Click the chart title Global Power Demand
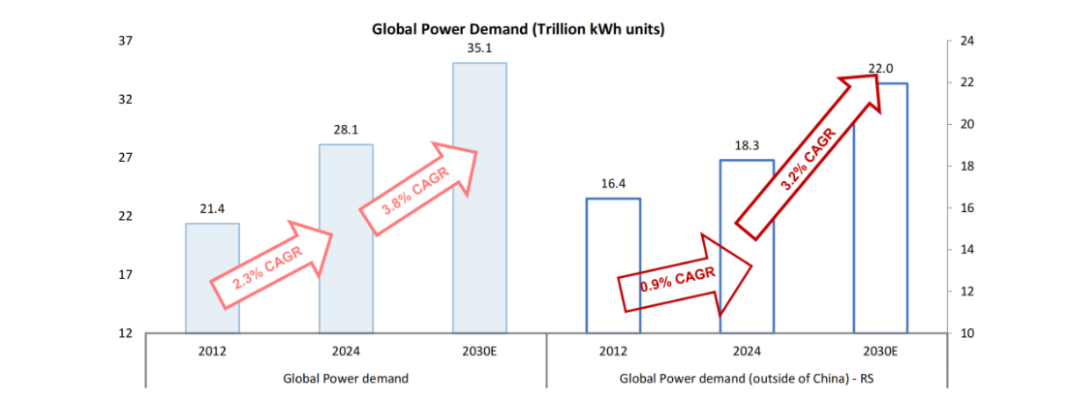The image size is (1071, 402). coord(518,29)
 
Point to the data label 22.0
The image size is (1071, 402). coord(879,69)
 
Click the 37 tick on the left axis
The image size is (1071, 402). coord(125,42)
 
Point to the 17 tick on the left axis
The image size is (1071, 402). coord(125,275)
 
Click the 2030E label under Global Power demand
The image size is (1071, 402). coord(479,351)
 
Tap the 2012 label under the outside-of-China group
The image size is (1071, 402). coord(613,351)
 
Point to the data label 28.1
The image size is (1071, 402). coord(346,129)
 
